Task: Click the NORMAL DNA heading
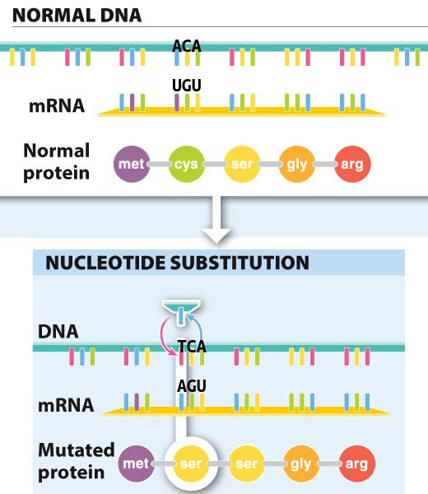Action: (77, 15)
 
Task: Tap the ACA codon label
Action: (187, 46)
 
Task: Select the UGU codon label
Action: (187, 86)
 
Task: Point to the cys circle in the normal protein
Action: (187, 164)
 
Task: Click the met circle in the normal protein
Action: (132, 164)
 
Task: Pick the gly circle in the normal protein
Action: (297, 164)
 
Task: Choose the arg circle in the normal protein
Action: (352, 164)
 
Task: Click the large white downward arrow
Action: (216, 220)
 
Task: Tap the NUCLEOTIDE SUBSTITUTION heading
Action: (177, 263)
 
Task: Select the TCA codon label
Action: (192, 346)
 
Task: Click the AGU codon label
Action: (192, 385)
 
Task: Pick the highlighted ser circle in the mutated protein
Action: (191, 464)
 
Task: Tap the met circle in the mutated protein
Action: (136, 464)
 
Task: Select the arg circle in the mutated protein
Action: (357, 464)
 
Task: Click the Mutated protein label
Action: (76, 461)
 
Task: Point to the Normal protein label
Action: (57, 161)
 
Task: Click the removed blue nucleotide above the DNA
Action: (181, 315)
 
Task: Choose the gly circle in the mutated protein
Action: (301, 464)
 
